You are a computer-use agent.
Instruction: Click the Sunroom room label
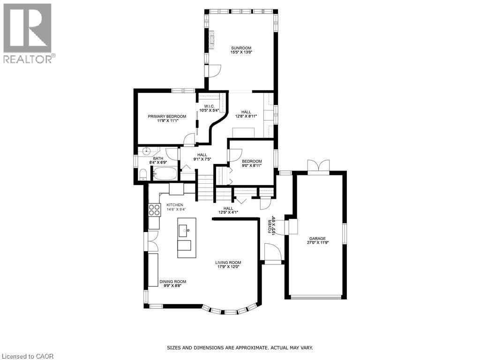241,48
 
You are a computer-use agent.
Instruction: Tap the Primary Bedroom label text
167,116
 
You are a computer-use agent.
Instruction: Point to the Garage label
317,238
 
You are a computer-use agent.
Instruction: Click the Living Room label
228,262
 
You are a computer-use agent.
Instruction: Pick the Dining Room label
172,282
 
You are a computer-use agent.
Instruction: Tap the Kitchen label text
174,205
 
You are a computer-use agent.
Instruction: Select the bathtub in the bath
165,174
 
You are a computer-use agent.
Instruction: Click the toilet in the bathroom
143,175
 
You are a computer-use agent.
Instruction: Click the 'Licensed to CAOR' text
27,356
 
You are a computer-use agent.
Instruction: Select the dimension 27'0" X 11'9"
317,243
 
